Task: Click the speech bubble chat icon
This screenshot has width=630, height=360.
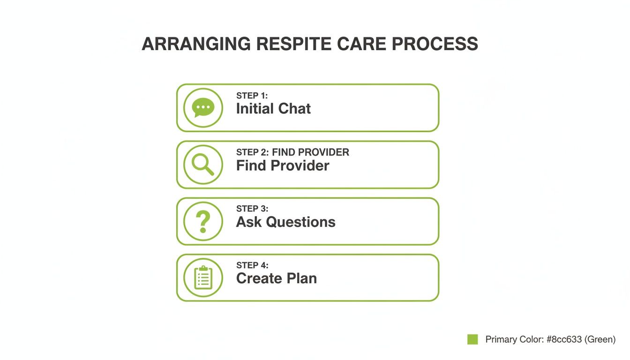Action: (x=203, y=108)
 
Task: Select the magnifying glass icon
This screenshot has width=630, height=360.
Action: (x=203, y=165)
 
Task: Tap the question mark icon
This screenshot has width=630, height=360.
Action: (x=203, y=221)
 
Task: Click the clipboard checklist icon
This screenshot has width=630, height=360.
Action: (x=203, y=277)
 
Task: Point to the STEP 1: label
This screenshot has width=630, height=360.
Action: (x=252, y=96)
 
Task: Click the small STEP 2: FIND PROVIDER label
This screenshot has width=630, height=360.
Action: (x=292, y=152)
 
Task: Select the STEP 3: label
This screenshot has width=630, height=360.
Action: (x=252, y=209)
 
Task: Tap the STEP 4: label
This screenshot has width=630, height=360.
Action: (x=252, y=265)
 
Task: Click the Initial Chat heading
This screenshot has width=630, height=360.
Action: (x=273, y=109)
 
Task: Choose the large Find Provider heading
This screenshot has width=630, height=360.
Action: (x=283, y=165)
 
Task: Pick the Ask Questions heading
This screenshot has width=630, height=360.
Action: (x=285, y=222)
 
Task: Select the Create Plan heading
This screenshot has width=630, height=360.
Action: (x=277, y=278)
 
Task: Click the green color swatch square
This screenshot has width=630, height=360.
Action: (x=472, y=339)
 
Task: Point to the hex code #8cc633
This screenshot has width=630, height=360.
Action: (x=565, y=339)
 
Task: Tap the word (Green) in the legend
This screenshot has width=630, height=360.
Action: (x=600, y=339)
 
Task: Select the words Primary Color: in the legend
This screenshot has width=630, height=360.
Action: (x=514, y=339)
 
